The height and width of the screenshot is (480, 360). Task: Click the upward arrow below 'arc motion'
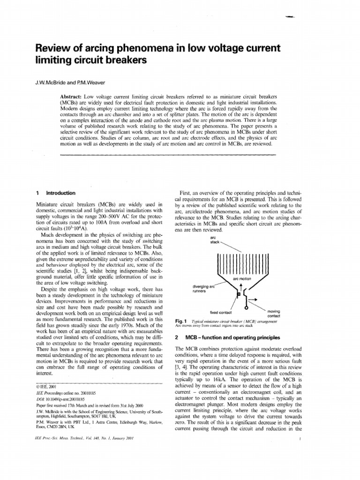coord(241,287)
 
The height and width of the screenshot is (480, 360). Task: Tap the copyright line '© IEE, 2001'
coord(49,386)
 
